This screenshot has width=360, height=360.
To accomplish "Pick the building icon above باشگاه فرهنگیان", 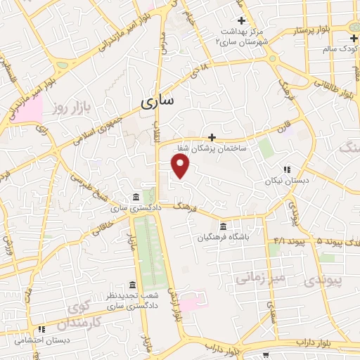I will click(x=224, y=226).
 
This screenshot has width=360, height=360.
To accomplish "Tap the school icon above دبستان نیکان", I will click(x=287, y=169).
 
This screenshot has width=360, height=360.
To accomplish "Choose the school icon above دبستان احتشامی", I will click(x=42, y=328).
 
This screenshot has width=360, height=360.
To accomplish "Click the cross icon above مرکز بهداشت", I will click(x=241, y=20).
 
